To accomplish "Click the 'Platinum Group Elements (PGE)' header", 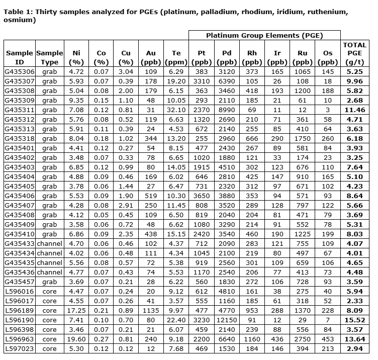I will pyautogui.click(x=264, y=35).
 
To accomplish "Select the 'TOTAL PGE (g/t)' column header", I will pyautogui.click(x=355, y=54).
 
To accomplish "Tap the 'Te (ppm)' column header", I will pyautogui.click(x=176, y=58).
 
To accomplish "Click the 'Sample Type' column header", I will pyautogui.click(x=50, y=58).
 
